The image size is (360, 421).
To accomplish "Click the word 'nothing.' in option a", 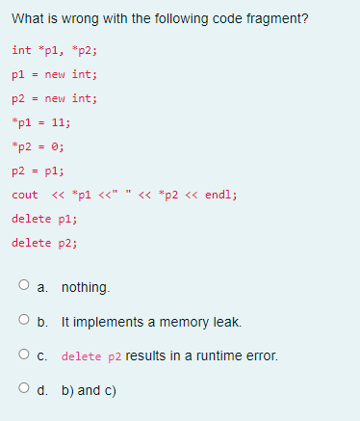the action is [x=86, y=287].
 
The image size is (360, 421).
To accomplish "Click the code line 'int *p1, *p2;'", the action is [x=55, y=50].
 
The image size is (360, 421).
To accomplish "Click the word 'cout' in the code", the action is [x=25, y=195].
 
